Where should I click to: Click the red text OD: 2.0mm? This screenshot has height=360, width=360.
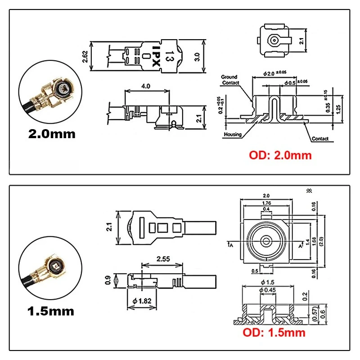tap(280, 156)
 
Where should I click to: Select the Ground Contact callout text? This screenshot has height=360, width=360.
tap(229, 80)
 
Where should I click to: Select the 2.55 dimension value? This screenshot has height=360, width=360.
tap(162, 260)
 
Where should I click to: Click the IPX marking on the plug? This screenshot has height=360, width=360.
tap(156, 56)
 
